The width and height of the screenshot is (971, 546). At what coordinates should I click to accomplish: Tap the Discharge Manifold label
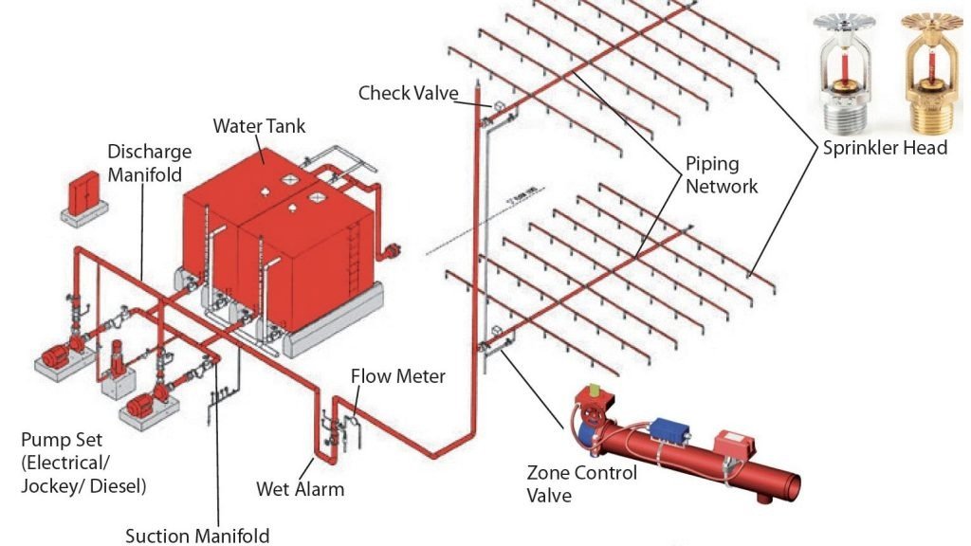(149, 163)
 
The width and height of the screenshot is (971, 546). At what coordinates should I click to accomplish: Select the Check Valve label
(408, 93)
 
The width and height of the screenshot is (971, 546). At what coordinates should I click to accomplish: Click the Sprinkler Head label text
(884, 148)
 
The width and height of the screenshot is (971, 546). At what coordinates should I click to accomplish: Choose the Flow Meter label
(397, 376)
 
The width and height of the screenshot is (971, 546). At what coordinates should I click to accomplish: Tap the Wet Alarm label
(300, 489)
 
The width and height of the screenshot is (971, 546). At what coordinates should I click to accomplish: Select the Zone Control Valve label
(581, 483)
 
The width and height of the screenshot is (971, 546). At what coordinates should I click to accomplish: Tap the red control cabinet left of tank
(83, 197)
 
